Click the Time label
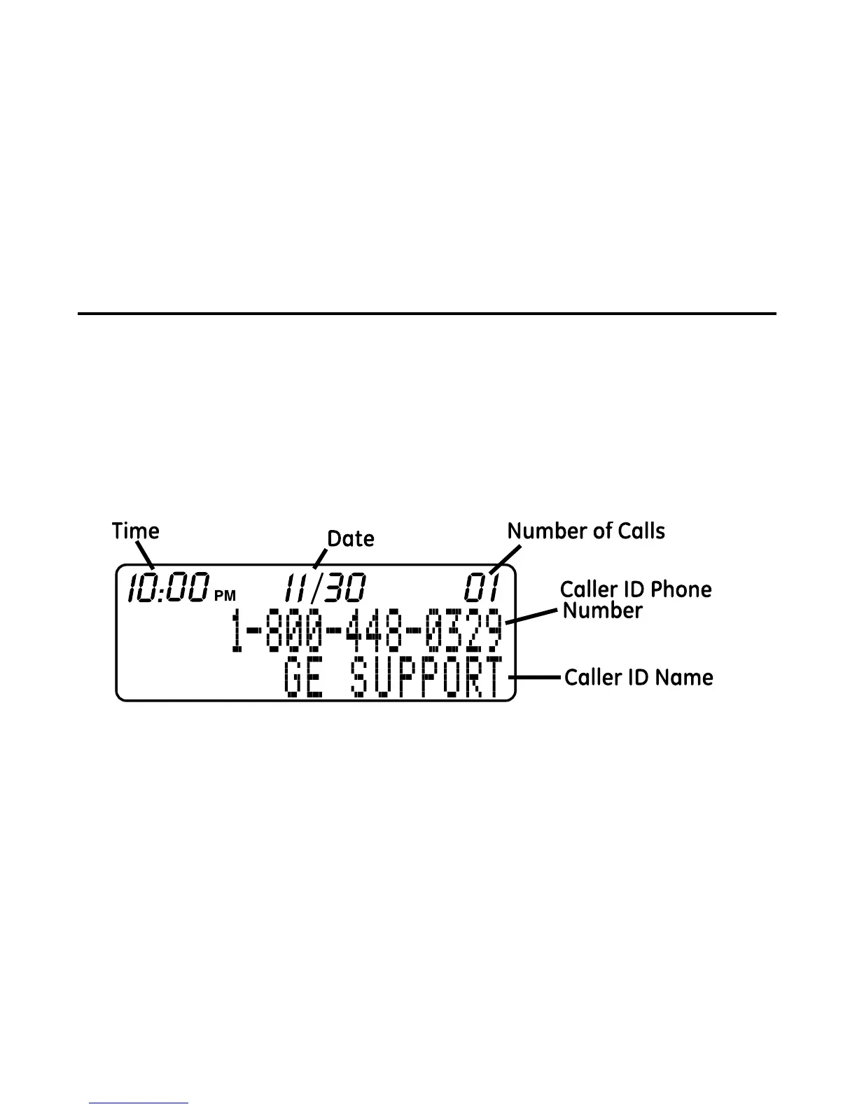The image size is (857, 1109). coord(136,531)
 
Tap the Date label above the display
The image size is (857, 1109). coord(351,538)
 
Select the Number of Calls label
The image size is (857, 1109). coord(586,531)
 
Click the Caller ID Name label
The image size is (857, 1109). coord(639,678)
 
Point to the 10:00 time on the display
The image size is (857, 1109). coord(168,587)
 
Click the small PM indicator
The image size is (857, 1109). coord(225,596)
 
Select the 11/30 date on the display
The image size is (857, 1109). coord(324,587)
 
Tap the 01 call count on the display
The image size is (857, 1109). coord(483,587)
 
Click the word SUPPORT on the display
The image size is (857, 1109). coord(426,678)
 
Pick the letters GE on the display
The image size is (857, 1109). coord(304,678)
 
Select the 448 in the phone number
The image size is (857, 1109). coord(376,632)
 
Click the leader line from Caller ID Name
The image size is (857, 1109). coord(538,678)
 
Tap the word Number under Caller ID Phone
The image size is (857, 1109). coord(603,611)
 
